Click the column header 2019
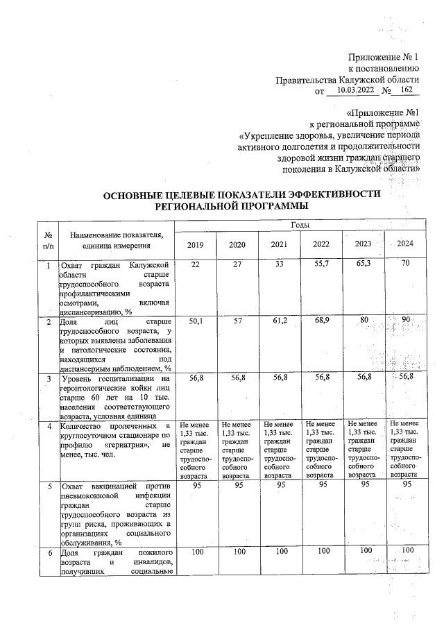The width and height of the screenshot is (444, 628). (196, 244)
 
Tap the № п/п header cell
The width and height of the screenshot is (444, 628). (47, 240)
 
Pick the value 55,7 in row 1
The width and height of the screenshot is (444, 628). (321, 266)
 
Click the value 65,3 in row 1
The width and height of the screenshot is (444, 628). (363, 266)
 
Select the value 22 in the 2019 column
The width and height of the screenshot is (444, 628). (196, 266)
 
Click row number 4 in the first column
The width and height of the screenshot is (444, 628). (47, 426)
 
